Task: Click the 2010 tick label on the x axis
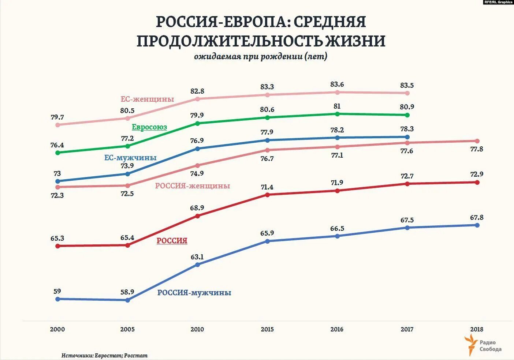pos(197,329)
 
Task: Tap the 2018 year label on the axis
pos(477,329)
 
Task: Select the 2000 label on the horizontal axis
pos(57,329)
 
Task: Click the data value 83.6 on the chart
pos(337,85)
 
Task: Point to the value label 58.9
pos(127,292)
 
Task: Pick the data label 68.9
pos(197,208)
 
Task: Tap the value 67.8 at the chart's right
pos(477,218)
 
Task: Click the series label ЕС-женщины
pos(147,99)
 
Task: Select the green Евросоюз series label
pos(149,127)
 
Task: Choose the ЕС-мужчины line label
pos(130,158)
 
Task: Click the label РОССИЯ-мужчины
pos(194,293)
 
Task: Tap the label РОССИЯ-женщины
pos(193,186)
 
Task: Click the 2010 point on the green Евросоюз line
pos(198,123)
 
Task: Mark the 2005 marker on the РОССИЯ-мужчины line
pos(127,300)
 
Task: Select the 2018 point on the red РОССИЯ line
pos(477,182)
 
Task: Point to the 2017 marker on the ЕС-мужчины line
pos(407,137)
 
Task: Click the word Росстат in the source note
pos(136,355)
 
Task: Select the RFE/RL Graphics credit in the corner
pos(498,2)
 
